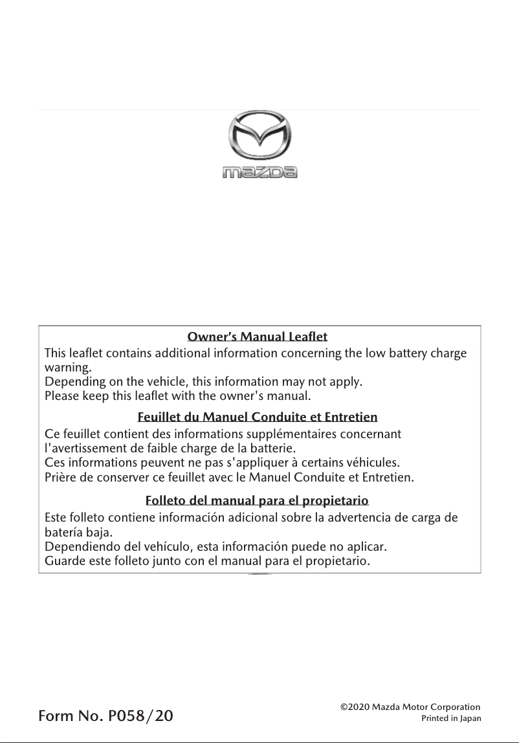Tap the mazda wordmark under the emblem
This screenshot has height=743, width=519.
(259, 172)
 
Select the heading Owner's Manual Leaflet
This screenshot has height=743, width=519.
(258, 337)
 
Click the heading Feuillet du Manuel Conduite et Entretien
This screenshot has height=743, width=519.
(258, 417)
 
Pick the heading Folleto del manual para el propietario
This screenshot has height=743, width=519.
(258, 501)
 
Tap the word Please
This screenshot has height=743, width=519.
(60, 395)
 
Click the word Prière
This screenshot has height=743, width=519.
(60, 478)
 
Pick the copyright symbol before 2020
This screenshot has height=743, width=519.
(344, 707)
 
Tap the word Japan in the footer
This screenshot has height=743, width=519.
(470, 718)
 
